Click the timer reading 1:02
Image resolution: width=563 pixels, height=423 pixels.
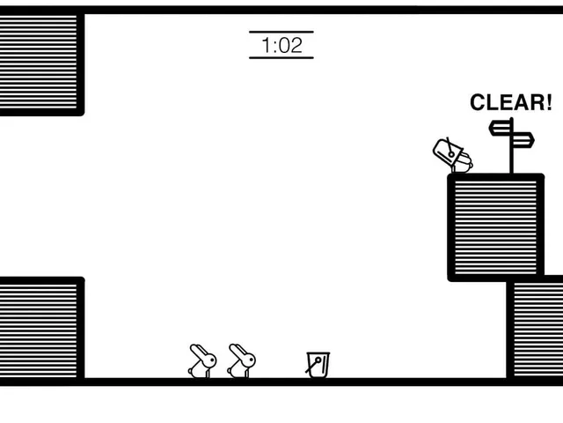[281, 45]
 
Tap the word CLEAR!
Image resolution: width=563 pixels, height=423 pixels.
[511, 102]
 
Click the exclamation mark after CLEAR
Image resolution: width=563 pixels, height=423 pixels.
[548, 102]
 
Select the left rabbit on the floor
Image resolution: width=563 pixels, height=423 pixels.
[202, 361]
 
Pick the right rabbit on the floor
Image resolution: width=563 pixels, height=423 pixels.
[242, 361]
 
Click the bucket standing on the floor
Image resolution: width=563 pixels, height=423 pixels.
[318, 365]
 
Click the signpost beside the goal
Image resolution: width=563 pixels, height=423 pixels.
[511, 145]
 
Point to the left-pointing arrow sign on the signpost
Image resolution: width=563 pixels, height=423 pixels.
[501, 129]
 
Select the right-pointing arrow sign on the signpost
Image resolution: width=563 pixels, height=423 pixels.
[523, 140]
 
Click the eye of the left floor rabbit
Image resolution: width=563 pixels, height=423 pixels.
[212, 360]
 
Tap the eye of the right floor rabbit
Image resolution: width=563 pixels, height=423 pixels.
[251, 360]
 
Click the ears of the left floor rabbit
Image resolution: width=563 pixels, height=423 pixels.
[197, 351]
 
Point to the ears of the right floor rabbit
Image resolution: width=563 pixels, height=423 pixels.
[237, 351]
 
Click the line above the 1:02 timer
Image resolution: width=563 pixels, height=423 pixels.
[281, 32]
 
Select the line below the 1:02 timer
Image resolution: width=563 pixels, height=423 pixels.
[281, 57]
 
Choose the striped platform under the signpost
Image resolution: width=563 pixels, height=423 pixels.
[496, 227]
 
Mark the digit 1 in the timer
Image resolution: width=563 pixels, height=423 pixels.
[267, 45]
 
